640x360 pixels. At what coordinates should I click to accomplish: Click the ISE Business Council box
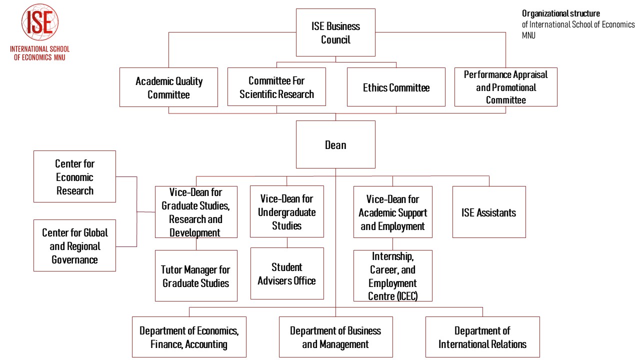[x=335, y=32]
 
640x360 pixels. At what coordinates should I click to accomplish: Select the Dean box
[x=335, y=144]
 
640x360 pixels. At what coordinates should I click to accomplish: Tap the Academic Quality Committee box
[x=168, y=87]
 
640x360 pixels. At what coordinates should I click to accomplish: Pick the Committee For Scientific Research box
[x=276, y=87]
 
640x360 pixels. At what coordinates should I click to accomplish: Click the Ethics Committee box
[x=396, y=87]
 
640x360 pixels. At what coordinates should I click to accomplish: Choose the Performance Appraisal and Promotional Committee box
[x=505, y=87]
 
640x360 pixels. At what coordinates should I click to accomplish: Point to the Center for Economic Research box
[x=74, y=176]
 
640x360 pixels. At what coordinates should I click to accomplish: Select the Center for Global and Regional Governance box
[x=74, y=245]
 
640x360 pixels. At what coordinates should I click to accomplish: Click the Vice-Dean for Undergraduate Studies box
[x=287, y=211]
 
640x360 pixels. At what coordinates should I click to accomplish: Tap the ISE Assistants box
[x=489, y=212]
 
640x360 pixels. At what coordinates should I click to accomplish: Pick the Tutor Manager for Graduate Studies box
[x=196, y=275]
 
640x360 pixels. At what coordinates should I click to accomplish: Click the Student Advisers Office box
[x=287, y=273]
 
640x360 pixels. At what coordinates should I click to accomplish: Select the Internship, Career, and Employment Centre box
[x=393, y=275]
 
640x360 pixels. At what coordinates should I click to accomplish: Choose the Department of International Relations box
[x=482, y=337]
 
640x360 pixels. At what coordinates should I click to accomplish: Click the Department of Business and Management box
[x=335, y=337]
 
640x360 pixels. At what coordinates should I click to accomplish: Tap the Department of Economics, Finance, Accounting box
[x=189, y=337]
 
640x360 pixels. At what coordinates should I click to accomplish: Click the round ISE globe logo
[x=40, y=22]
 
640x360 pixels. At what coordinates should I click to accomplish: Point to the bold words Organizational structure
[x=561, y=13]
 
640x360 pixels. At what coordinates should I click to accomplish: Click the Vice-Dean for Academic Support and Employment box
[x=393, y=212]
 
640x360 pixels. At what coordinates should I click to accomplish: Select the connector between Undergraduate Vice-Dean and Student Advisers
[x=287, y=242]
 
